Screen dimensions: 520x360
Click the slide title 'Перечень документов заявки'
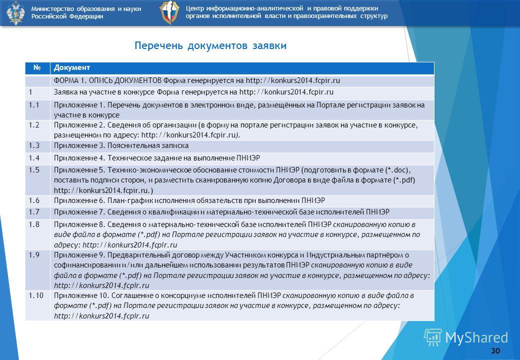[x=210, y=45]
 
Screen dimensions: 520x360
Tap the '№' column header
[x=37, y=67]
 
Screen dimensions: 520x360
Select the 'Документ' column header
[x=72, y=67]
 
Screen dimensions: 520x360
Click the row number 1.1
[x=34, y=105]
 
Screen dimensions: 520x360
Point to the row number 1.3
[x=34, y=145]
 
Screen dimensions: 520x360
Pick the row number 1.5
[x=34, y=170]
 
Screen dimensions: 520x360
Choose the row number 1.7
[x=34, y=212]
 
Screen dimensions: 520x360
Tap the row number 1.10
[x=36, y=295]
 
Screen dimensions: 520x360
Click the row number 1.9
[x=34, y=255]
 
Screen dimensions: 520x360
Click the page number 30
[x=495, y=350]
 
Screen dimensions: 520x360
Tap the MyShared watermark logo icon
[x=433, y=337]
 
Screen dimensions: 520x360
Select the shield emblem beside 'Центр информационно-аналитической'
[x=169, y=12]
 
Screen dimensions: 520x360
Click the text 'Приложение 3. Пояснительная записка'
[x=121, y=145]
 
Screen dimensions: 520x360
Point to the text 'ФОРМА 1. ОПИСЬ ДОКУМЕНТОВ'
[x=108, y=80]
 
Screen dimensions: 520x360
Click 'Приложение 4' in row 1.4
[x=79, y=158]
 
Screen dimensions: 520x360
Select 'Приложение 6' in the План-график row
[x=79, y=200]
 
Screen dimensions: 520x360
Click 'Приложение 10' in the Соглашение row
[x=81, y=295]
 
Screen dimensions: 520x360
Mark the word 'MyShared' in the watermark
[x=476, y=337]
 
